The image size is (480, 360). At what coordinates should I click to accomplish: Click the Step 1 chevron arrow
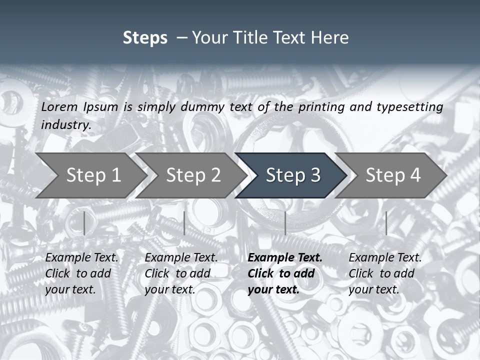coord(90,175)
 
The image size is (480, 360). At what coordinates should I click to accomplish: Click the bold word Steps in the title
coord(145,38)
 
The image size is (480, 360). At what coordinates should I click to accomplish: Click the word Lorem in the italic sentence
coord(59,107)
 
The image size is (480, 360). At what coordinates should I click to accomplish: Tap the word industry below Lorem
coord(65,124)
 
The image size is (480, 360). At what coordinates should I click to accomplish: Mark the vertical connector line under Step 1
coord(84,223)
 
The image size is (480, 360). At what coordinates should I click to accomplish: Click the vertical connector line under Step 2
coord(184,223)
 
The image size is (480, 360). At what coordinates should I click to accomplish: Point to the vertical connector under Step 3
coord(285,223)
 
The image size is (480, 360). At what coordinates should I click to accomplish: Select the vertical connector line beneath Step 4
coord(386,223)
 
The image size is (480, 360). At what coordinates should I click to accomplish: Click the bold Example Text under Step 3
coord(285,258)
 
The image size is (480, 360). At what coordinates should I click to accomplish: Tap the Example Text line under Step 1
coord(81,258)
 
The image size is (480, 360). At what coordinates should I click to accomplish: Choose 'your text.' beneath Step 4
coord(373,290)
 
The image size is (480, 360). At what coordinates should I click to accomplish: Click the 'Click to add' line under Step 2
coord(177,274)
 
